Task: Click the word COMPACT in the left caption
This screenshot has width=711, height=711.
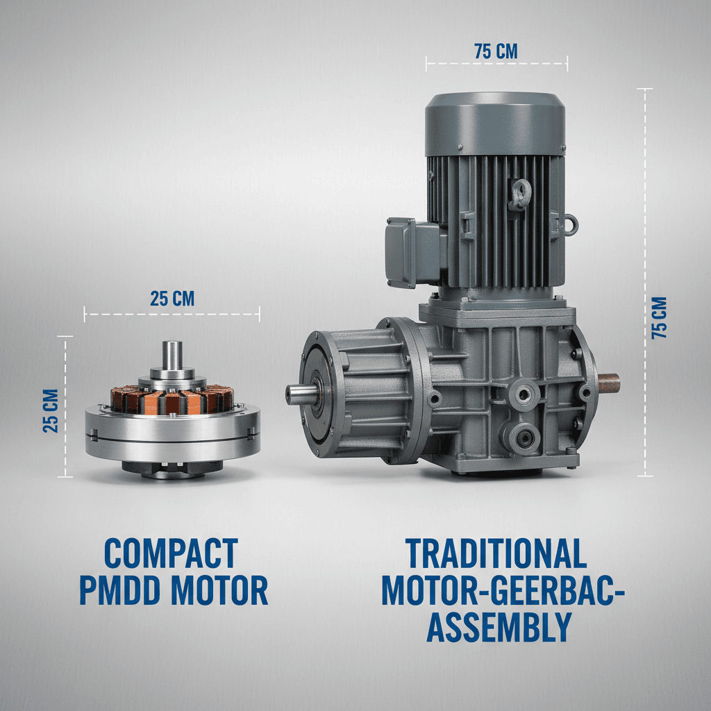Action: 171,553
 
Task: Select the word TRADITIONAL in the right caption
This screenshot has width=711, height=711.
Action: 496,553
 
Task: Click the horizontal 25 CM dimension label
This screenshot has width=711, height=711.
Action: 172,299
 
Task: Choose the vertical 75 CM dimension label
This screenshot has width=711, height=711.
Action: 660,318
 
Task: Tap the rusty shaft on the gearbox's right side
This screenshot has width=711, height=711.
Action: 608,382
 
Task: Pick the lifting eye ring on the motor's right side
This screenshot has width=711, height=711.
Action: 570,224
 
